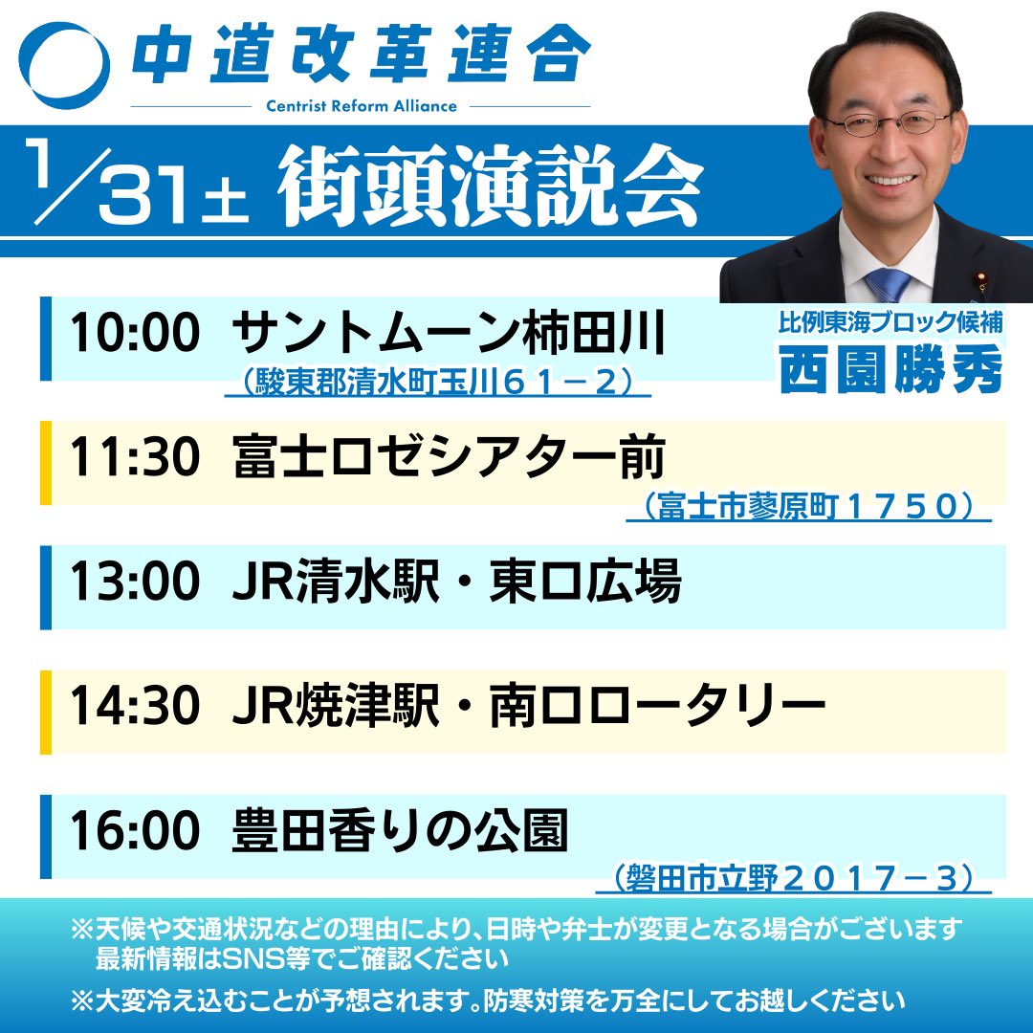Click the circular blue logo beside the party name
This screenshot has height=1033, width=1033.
coord(65,65)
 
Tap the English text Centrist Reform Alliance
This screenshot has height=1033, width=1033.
coord(361,106)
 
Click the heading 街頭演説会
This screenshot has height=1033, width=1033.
coord(490,185)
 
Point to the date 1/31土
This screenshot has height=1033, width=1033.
coord(139,182)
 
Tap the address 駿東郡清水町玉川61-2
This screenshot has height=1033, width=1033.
coord(438,383)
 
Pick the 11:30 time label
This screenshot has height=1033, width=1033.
coord(135,460)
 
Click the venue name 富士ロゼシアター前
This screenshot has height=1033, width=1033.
coord(449,460)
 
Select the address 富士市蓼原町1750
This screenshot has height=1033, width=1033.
coord(808,508)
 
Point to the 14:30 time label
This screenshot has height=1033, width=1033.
coord(135,707)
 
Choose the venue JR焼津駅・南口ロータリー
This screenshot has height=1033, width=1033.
coord(528,707)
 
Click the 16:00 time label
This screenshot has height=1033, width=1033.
coord(135,832)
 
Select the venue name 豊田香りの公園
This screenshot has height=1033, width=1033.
coord(400,832)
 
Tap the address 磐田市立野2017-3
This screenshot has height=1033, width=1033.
coord(793,878)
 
